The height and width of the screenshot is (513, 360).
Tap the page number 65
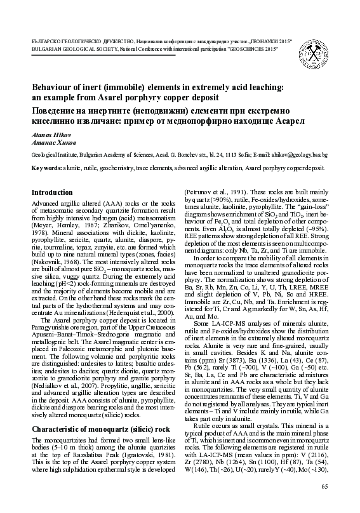[325, 486]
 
